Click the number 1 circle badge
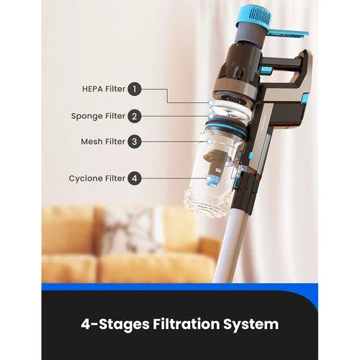135,89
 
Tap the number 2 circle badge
135,116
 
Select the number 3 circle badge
135,141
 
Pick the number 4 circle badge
135,179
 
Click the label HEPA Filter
104,89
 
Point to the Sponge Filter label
98,116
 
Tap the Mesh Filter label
103,141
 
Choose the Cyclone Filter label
97,179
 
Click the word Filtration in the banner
186,324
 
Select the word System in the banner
251,325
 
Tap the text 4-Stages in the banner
115,325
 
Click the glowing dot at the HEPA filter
211,103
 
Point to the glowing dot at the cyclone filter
208,179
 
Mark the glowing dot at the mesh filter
210,142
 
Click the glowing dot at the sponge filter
211,117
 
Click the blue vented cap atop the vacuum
255,17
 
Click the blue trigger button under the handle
266,71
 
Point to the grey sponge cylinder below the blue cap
250,36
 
